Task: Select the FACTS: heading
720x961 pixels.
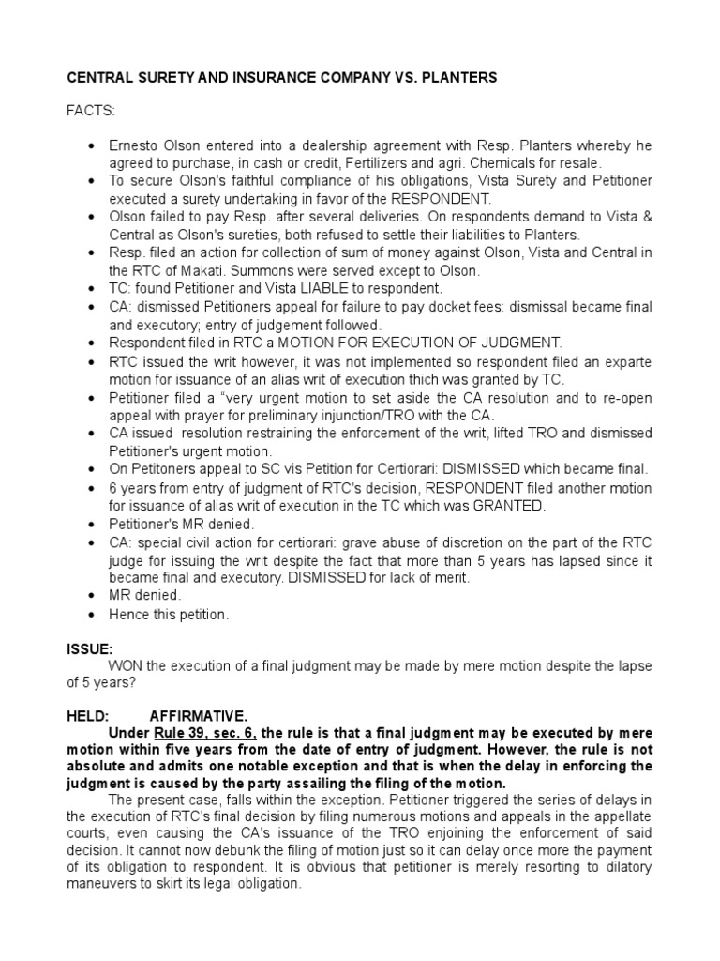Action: [90, 112]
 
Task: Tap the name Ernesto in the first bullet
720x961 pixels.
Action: [136, 147]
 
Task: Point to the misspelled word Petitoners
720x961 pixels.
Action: [166, 468]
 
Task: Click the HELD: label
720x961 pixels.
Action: [88, 715]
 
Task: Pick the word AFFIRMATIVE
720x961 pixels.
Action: [199, 715]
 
